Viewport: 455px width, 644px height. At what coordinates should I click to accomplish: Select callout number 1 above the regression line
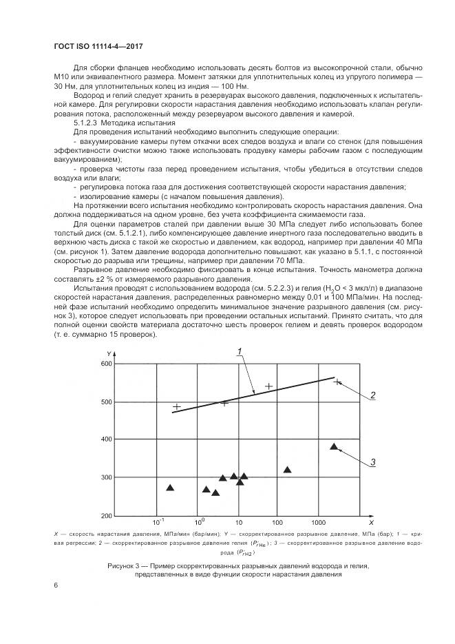click(239, 352)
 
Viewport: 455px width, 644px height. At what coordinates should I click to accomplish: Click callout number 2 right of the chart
click(372, 395)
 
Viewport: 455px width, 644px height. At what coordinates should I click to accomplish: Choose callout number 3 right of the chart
click(372, 462)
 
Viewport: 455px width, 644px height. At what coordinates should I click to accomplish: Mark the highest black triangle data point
click(334, 446)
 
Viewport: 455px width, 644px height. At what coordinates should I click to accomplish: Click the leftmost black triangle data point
click(170, 488)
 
